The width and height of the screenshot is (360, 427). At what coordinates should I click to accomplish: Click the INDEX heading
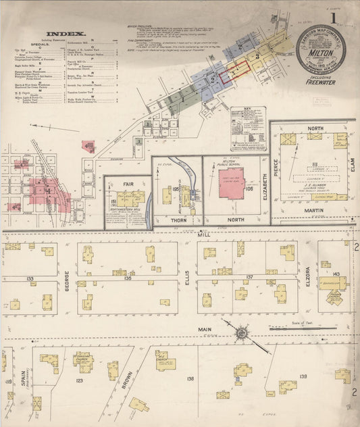click(66, 33)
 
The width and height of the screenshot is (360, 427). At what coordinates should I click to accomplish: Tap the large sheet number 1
click(333, 16)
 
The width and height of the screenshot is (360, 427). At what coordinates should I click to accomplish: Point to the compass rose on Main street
click(241, 332)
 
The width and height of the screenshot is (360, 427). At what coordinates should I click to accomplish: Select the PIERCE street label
click(275, 169)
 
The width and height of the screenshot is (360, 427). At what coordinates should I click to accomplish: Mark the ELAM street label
click(351, 159)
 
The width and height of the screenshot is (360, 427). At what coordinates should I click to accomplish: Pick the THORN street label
click(178, 219)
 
